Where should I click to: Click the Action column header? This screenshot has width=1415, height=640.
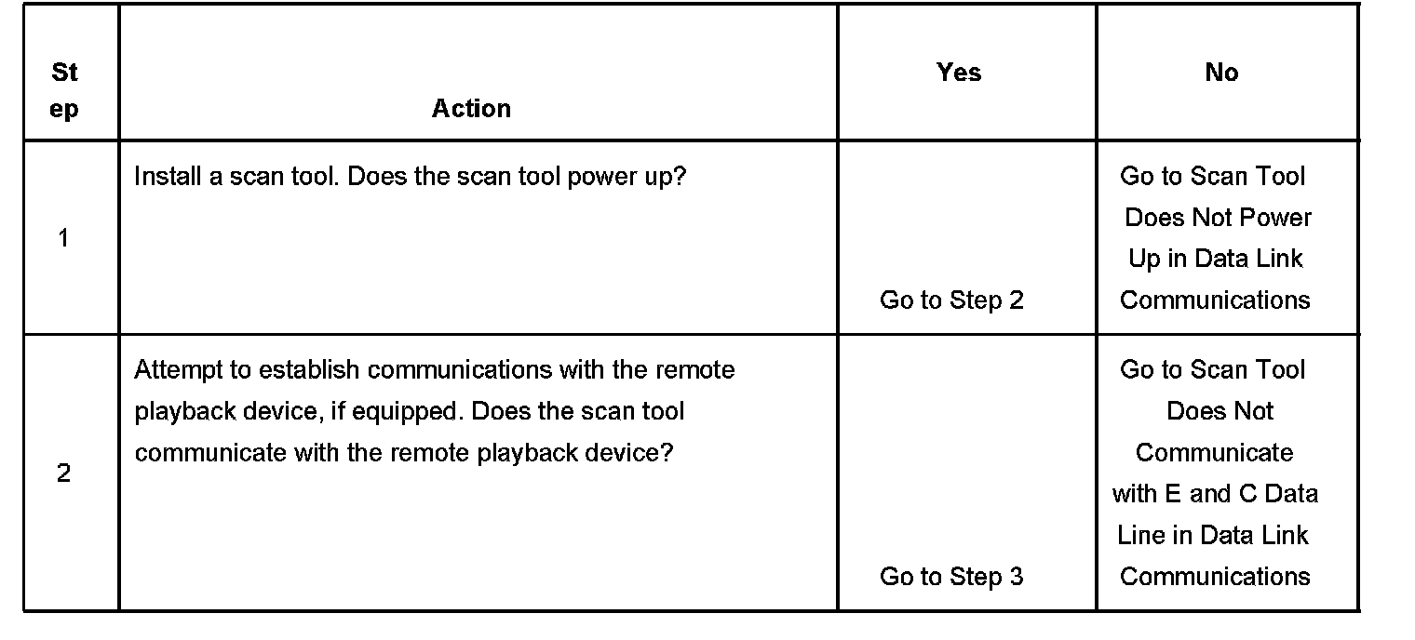pyautogui.click(x=471, y=109)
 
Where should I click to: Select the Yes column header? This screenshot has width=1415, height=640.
pyautogui.click(x=959, y=73)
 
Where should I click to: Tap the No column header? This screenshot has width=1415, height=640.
pyautogui.click(x=1221, y=73)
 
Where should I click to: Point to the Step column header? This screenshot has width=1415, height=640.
pyautogui.click(x=64, y=90)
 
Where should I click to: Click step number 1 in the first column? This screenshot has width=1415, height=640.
pyautogui.click(x=63, y=238)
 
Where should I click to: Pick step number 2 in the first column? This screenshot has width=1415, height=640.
pyautogui.click(x=63, y=473)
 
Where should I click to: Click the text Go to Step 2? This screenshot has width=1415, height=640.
pyautogui.click(x=951, y=300)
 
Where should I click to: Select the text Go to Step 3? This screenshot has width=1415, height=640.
pyautogui.click(x=951, y=577)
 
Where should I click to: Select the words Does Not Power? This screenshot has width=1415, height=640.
pyautogui.click(x=1218, y=218)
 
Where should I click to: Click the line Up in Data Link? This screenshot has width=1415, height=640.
pyautogui.click(x=1216, y=259)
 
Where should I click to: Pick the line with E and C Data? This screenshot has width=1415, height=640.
pyautogui.click(x=1215, y=494)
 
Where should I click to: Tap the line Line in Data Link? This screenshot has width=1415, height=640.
pyautogui.click(x=1213, y=536)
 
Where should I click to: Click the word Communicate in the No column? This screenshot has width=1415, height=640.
pyautogui.click(x=1214, y=453)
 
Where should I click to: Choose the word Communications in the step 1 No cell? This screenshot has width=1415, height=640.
pyautogui.click(x=1215, y=300)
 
